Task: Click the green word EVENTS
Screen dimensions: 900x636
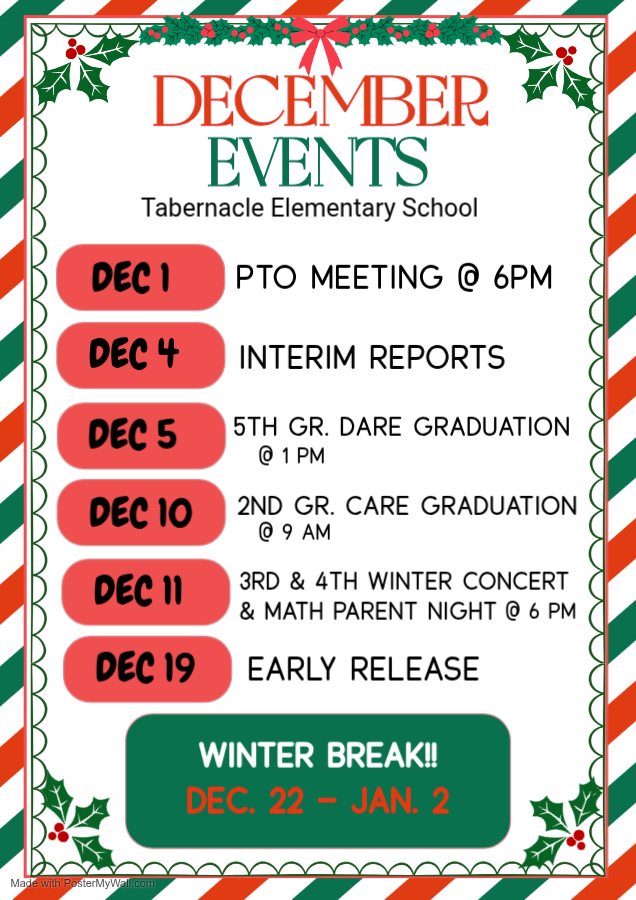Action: click(318, 162)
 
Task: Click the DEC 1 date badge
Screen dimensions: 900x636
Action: click(140, 277)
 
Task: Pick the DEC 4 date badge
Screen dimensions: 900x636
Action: click(140, 355)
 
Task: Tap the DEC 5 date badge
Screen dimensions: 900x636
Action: click(140, 435)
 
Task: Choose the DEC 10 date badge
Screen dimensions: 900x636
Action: click(140, 513)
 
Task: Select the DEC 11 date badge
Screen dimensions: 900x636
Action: click(145, 591)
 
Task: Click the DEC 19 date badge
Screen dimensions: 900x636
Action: click(147, 668)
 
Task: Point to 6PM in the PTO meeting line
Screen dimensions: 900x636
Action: click(522, 278)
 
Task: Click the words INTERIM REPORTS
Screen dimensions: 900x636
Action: click(372, 357)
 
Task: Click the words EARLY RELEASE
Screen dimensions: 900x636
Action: click(363, 669)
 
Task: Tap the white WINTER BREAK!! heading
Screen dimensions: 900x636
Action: click(318, 755)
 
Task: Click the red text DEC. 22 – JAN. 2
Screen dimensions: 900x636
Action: click(318, 800)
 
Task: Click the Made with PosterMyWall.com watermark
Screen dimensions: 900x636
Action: click(83, 883)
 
